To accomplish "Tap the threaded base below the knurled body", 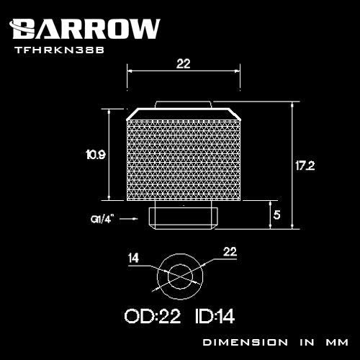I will click(x=183, y=216).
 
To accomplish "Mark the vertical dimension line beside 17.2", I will click(x=292, y=165).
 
